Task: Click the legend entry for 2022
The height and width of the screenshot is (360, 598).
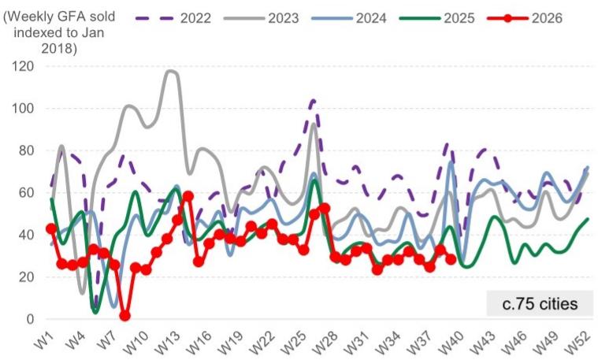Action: pyautogui.click(x=173, y=18)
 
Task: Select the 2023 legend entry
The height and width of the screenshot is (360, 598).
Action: pyautogui.click(x=262, y=18)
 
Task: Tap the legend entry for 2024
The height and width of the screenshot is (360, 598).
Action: pyautogui.click(x=349, y=18)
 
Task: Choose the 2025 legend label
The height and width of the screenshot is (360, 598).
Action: pyautogui.click(x=437, y=18)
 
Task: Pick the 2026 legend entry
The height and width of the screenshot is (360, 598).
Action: pyautogui.click(x=525, y=18)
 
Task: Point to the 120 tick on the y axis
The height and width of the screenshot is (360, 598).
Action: pyautogui.click(x=23, y=66)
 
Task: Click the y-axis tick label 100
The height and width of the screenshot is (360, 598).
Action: pyautogui.click(x=23, y=108)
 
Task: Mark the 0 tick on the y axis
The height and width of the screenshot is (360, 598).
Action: pyautogui.click(x=30, y=319)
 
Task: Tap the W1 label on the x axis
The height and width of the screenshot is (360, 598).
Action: pyautogui.click(x=45, y=340)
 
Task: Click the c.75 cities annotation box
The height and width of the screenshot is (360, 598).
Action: pyautogui.click(x=540, y=303)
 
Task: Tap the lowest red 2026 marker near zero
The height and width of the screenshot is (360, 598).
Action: pyautogui.click(x=124, y=316)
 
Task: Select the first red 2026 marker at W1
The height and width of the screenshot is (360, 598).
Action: pyautogui.click(x=51, y=228)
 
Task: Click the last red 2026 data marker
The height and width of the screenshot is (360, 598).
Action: pyautogui.click(x=451, y=259)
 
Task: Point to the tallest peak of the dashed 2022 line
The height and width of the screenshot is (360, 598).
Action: pyautogui.click(x=314, y=100)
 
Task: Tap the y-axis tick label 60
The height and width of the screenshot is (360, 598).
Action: pyautogui.click(x=26, y=192)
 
